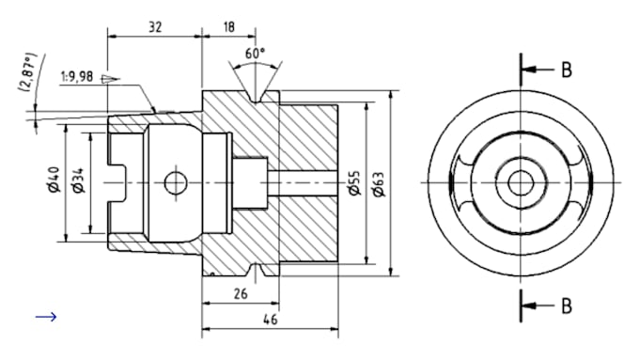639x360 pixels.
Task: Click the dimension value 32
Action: (155, 27)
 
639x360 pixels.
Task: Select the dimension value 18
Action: (228, 27)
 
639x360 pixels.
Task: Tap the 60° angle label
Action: (254, 53)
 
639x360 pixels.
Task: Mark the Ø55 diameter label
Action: (353, 182)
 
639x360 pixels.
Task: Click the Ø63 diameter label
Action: (379, 182)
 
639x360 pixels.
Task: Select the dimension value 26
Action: (240, 294)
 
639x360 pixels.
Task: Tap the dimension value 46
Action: (269, 321)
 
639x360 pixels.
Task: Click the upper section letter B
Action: (567, 70)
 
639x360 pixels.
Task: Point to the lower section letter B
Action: (567, 305)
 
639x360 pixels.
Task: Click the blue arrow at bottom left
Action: (46, 317)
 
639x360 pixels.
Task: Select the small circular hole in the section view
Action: (175, 182)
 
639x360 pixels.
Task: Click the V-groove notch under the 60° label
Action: (254, 94)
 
